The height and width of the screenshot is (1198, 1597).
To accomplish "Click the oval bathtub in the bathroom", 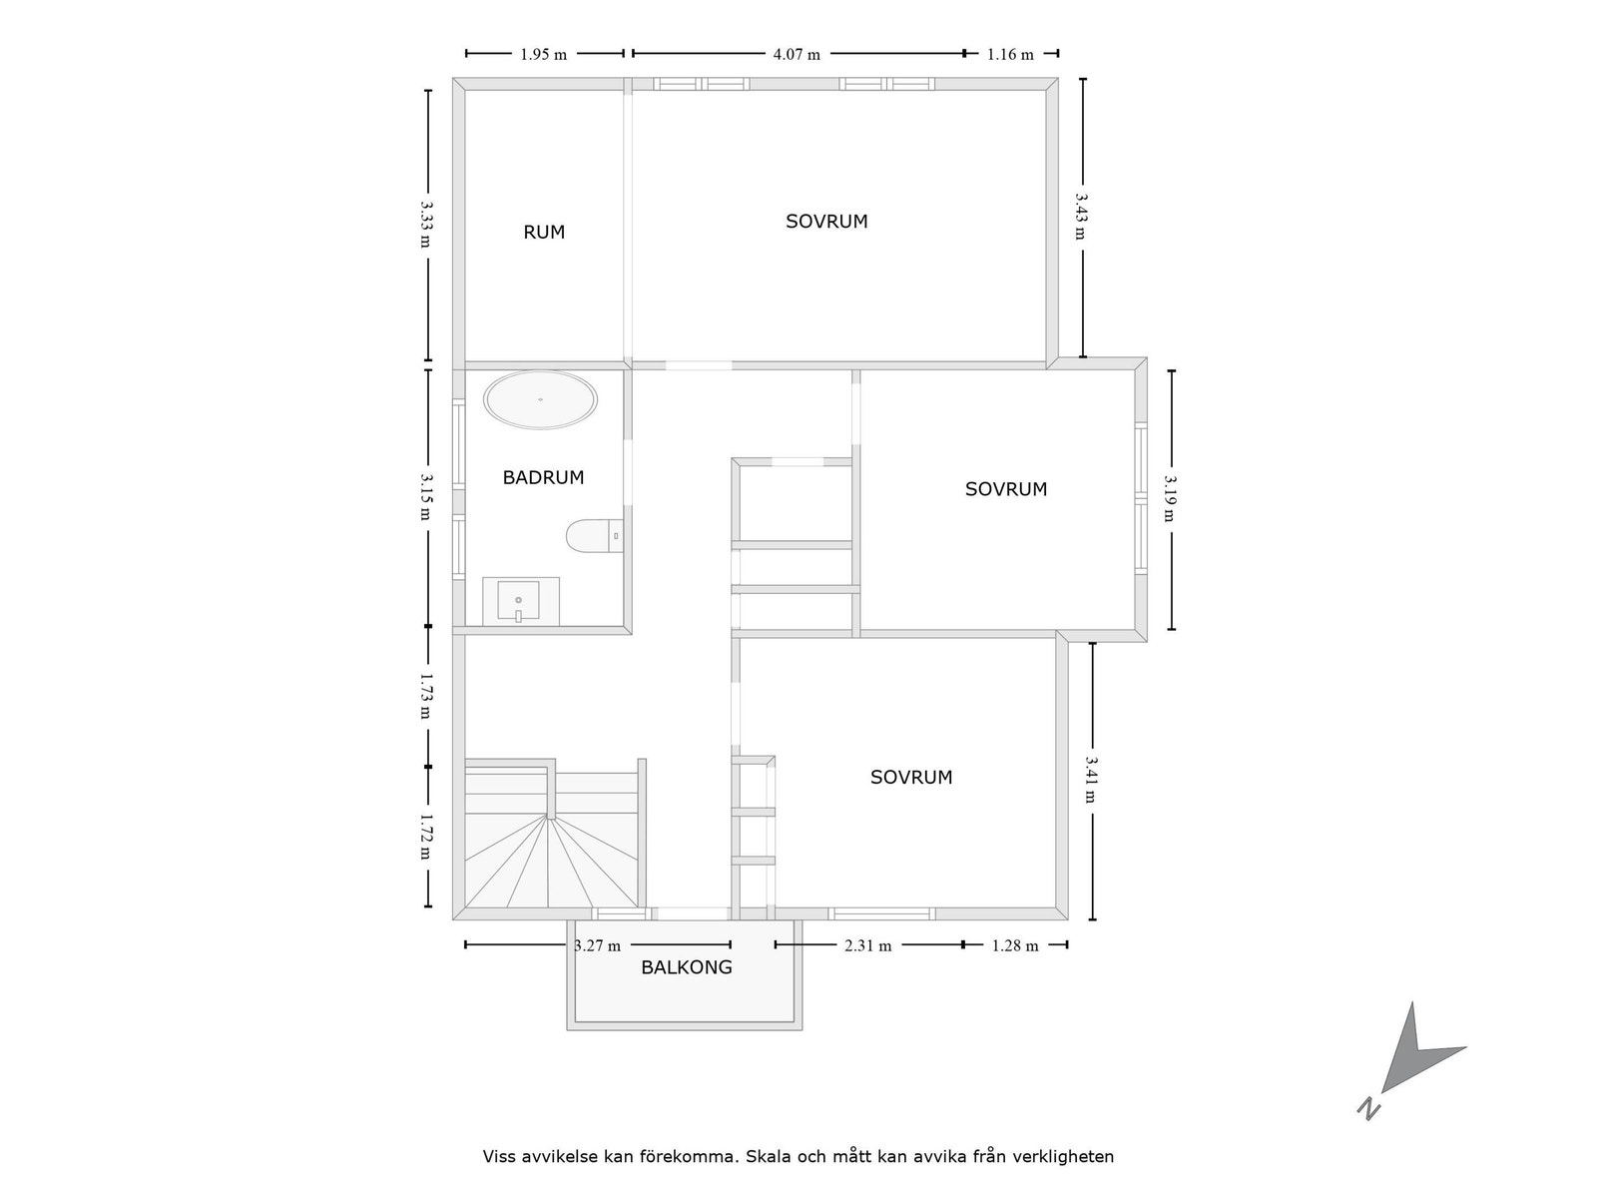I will click(x=540, y=400).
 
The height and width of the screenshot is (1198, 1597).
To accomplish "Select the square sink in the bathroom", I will click(x=519, y=600).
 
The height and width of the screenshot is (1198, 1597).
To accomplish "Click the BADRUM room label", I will click(x=543, y=477).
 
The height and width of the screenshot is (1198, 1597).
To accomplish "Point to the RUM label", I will click(x=544, y=233).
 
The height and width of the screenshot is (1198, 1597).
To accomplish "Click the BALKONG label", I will click(x=686, y=967).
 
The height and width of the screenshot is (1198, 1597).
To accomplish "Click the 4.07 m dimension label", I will click(x=797, y=54).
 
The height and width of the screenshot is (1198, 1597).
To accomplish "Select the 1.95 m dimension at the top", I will click(x=543, y=54).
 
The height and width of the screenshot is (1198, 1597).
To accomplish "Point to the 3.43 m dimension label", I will click(x=1081, y=217).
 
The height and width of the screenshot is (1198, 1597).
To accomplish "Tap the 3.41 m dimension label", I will click(x=1091, y=780).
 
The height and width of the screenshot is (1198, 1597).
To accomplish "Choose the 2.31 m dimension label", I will click(x=867, y=945).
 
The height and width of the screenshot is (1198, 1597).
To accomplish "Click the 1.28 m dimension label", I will click(x=1014, y=945).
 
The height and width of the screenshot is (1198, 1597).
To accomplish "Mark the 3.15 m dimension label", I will click(x=426, y=495).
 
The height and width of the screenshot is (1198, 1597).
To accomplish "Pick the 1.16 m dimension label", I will click(x=1010, y=54).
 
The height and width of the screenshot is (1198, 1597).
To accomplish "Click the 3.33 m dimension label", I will click(x=426, y=225).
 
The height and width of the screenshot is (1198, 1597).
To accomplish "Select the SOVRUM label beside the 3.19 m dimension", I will click(x=1005, y=489).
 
